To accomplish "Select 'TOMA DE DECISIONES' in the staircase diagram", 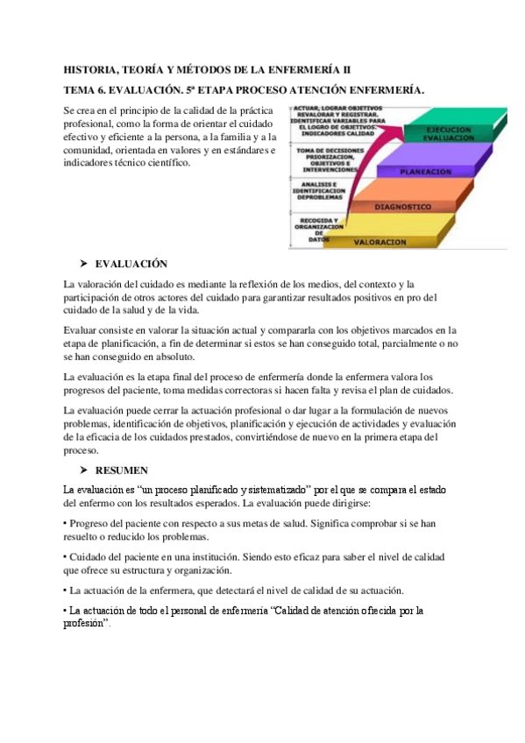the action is [326, 151].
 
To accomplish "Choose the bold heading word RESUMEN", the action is [122, 471].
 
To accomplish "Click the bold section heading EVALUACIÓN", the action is [131, 265].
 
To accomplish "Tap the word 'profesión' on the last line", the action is [84, 623].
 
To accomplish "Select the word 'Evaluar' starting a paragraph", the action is [82, 331].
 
